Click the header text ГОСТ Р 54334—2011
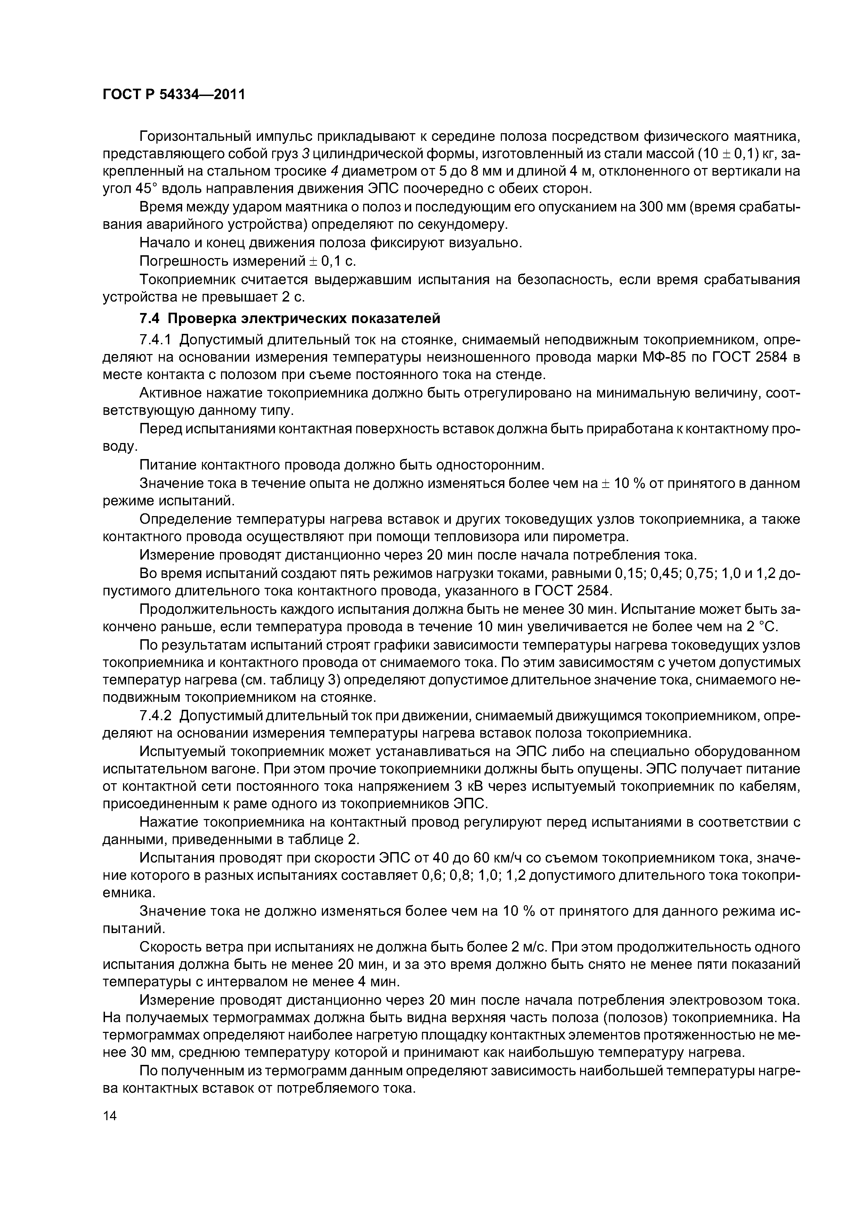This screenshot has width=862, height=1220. click(x=174, y=95)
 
